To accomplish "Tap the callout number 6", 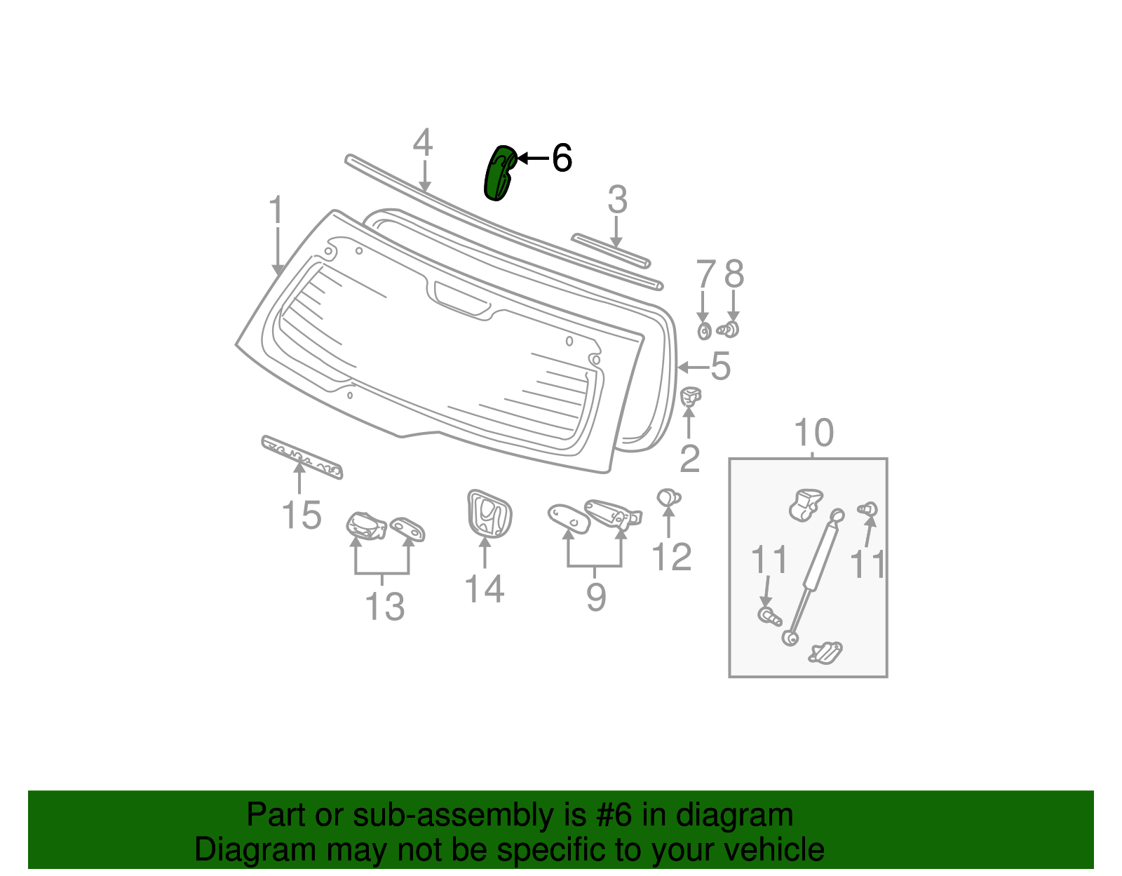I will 562,159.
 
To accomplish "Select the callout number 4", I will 422,143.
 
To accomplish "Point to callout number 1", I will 276,210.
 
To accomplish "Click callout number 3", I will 617,201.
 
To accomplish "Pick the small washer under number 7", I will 704,331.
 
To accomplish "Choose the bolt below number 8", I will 730,329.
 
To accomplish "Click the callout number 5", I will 720,366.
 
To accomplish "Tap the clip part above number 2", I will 691,397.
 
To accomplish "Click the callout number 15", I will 302,516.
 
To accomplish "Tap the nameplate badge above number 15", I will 302,457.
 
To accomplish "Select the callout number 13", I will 385,607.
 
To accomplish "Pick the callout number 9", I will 595,598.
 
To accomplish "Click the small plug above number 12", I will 668,498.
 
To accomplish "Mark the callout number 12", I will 671,558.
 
